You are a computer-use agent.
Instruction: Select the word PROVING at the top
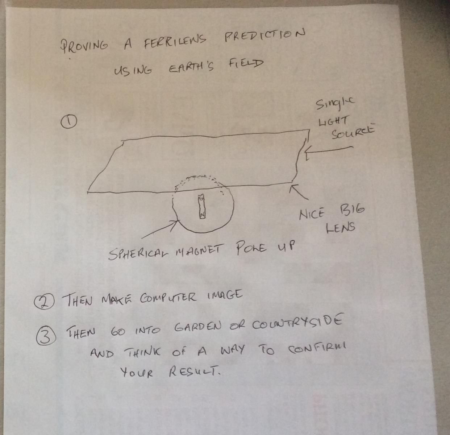pos(84,45)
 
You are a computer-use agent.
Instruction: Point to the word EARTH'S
pos(192,67)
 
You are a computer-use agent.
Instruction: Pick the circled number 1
pos(69,122)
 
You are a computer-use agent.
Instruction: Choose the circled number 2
pos(44,302)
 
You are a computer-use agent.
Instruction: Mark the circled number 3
pos(46,336)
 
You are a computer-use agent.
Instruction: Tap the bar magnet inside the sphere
pos(202,206)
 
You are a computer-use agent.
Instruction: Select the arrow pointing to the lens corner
pos(299,192)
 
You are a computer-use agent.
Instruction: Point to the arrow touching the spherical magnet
pos(160,229)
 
